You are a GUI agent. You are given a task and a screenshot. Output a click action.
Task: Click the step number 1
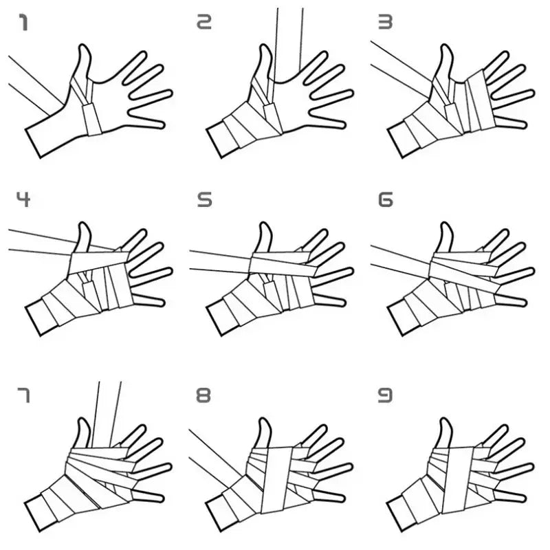(23, 24)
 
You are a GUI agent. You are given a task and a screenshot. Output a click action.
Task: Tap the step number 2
(204, 24)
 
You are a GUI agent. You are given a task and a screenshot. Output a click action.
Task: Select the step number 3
(385, 24)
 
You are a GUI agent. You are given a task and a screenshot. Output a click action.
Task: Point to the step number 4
(23, 200)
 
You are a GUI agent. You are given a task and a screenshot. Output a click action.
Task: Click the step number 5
(204, 200)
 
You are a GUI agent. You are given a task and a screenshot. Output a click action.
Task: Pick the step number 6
(385, 200)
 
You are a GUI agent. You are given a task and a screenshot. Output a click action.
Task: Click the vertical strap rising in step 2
(287, 34)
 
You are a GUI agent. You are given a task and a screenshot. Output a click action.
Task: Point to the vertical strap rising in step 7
(109, 406)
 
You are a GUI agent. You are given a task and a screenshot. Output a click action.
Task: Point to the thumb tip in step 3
(444, 49)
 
